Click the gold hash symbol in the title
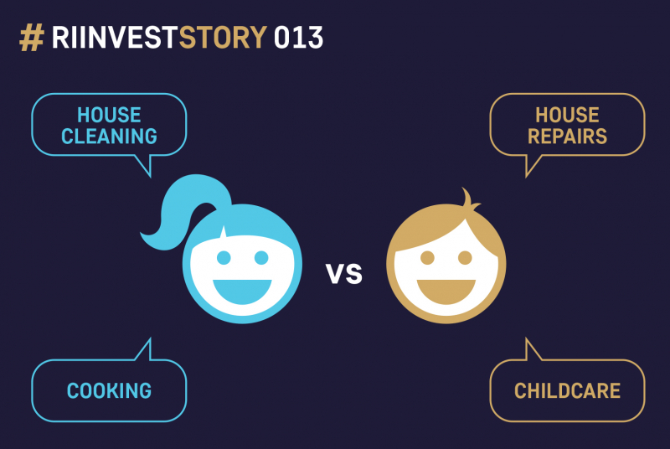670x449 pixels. (32, 38)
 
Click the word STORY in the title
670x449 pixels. (223, 38)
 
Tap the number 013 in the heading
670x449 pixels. (298, 38)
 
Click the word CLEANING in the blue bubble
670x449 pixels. (110, 137)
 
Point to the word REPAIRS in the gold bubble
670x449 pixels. (568, 137)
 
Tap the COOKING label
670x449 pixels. (110, 390)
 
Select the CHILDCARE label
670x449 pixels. (568, 390)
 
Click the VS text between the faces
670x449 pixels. (344, 273)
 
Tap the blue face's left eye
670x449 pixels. (224, 258)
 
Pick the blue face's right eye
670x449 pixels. (261, 258)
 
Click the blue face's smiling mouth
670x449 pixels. (242, 291)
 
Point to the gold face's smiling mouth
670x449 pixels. (446, 291)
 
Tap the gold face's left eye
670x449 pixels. (427, 258)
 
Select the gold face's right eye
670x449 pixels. (465, 258)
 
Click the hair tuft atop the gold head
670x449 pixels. (469, 199)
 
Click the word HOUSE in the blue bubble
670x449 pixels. (110, 115)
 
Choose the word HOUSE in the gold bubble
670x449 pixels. (568, 115)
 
